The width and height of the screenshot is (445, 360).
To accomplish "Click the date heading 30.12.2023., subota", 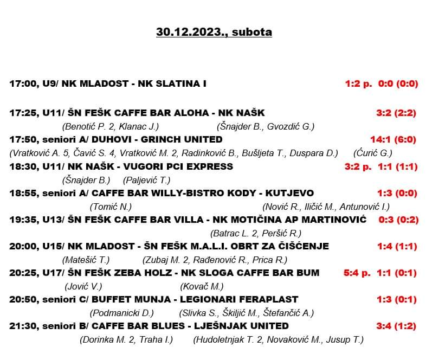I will (214, 32).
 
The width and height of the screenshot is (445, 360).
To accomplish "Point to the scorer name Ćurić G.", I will (372, 153).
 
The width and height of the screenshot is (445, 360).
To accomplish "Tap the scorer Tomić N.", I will (111, 207).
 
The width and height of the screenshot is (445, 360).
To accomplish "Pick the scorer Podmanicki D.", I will (121, 313).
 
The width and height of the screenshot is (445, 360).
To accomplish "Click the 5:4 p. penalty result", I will (358, 273).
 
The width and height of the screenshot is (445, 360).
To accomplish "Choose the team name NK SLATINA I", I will (172, 84).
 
